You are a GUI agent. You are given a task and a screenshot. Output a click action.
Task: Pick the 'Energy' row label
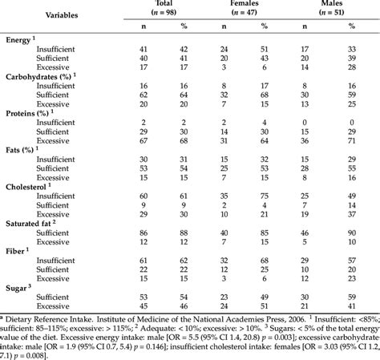(x=21, y=40)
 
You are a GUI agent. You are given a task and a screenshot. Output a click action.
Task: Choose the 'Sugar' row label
(x=18, y=286)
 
